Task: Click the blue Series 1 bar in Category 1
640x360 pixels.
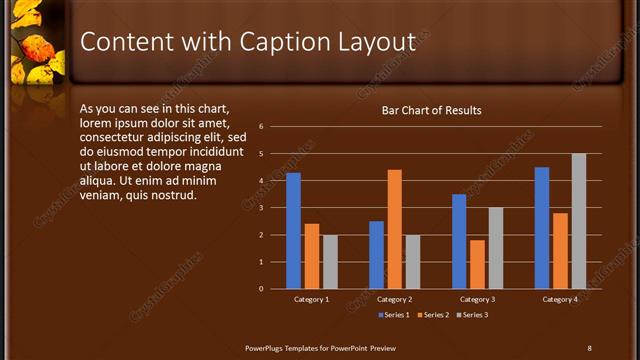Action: [293, 231]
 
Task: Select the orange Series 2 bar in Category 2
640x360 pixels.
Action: [394, 229]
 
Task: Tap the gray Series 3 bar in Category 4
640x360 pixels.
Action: [578, 221]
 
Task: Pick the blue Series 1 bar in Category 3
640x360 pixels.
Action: [459, 241]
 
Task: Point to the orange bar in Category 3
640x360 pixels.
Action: [477, 264]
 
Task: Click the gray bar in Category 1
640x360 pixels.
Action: [330, 262]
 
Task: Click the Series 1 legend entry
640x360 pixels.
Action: [394, 315]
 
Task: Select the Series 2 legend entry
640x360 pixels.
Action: [433, 315]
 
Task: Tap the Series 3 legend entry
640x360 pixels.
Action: [472, 315]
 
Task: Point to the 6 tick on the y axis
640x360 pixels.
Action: [260, 127]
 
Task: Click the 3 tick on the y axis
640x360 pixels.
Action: [260, 208]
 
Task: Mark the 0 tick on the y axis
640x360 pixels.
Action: [260, 289]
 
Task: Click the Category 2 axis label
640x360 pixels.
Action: [394, 299]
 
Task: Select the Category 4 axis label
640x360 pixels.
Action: [560, 299]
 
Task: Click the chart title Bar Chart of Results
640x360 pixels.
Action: [432, 110]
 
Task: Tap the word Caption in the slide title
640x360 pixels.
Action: [281, 42]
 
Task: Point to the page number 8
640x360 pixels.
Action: [589, 348]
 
